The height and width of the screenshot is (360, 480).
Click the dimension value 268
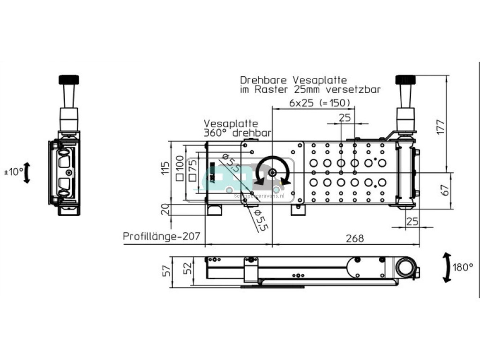click(355, 238)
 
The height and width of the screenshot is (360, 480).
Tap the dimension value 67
click(445, 190)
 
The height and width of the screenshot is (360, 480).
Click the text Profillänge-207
click(161, 236)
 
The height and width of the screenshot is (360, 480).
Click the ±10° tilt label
click(14, 172)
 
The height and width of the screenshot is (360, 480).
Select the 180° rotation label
click(463, 268)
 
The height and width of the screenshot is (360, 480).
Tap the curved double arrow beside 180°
click(447, 267)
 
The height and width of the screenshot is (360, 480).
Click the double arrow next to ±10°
click(27, 172)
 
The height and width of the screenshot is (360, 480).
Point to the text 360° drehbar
click(238, 133)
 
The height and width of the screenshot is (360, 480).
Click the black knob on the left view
click(69, 80)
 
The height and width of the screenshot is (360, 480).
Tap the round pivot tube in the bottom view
click(405, 268)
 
